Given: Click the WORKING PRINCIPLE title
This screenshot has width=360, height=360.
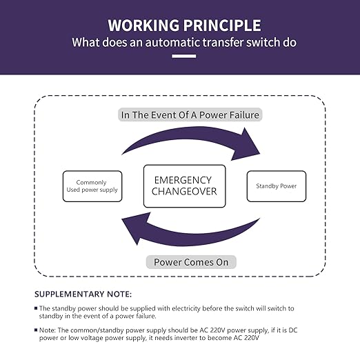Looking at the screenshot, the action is pyautogui.click(x=184, y=25).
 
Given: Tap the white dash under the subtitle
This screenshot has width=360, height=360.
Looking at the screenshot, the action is pyautogui.click(x=184, y=56).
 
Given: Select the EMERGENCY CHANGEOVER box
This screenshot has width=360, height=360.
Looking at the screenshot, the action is pyautogui.click(x=185, y=186).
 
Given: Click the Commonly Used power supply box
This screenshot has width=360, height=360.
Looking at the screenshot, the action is pyautogui.click(x=92, y=186).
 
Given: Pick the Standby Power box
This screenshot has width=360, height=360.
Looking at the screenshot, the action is pyautogui.click(x=277, y=186).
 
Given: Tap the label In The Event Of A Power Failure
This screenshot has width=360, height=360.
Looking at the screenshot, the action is pyautogui.click(x=190, y=114).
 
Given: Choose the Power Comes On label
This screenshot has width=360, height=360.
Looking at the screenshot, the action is pyautogui.click(x=191, y=262).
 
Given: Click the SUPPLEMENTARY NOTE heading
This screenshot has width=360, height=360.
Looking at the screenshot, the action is pyautogui.click(x=83, y=294).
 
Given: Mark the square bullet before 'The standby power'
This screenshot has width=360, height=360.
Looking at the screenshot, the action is pyautogui.click(x=36, y=308).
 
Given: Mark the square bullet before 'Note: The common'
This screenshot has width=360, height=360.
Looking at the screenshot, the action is pyautogui.click(x=36, y=330).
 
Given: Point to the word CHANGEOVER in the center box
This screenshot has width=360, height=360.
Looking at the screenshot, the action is pyautogui.click(x=184, y=191).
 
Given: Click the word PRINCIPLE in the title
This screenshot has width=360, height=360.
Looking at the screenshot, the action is pyautogui.click(x=222, y=25).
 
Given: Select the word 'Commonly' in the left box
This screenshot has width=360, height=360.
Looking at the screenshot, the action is pyautogui.click(x=91, y=183).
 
